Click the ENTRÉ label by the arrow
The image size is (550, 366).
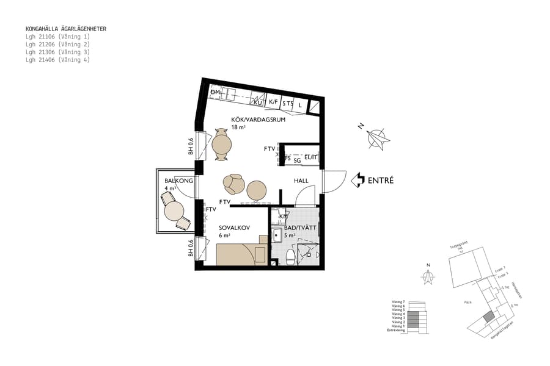pyautogui.click(x=381, y=181)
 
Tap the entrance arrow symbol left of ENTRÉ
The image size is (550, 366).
pyautogui.click(x=358, y=180)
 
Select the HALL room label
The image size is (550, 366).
pyautogui.click(x=301, y=181)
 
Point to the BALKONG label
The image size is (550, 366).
pyautogui.click(x=178, y=181)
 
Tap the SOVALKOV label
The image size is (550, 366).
pyautogui.click(x=233, y=228)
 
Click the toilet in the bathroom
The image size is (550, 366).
pyautogui.click(x=291, y=258)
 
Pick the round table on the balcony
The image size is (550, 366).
pyautogui.click(x=174, y=211)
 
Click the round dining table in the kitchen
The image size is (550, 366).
pyautogui.click(x=222, y=145)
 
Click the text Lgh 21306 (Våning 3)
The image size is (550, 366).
pyautogui.click(x=57, y=52)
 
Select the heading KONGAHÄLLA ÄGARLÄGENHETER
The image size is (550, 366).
pyautogui.click(x=66, y=29)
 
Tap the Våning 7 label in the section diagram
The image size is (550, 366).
pyautogui.click(x=398, y=301)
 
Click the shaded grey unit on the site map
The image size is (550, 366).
pyautogui.click(x=487, y=317)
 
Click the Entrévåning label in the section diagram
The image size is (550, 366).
pyautogui.click(x=397, y=330)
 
